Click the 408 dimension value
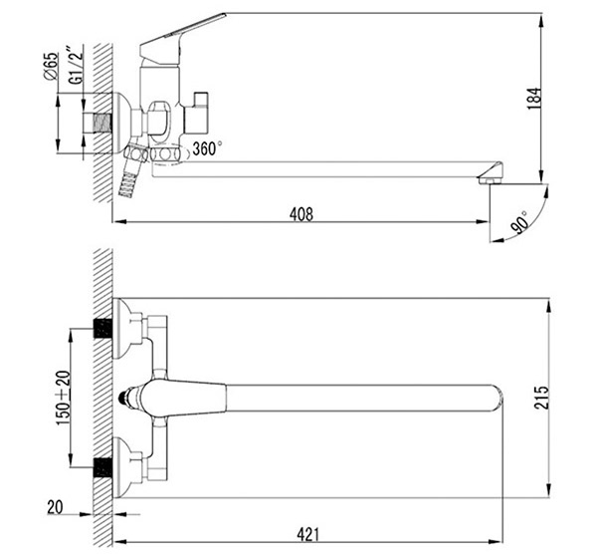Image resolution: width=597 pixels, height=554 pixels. coord(301,214)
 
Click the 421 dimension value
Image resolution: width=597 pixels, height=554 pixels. coord(307,535)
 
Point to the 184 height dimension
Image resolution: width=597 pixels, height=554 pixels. coord(533,99)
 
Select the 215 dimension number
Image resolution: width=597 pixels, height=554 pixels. coord(541,398)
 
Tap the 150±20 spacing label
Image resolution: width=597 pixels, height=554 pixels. coord(64,398)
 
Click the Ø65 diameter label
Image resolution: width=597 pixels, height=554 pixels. coord(51,66)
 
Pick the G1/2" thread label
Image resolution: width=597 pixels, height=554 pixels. coord(76,65)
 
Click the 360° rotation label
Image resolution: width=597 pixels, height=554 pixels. coord(207,148)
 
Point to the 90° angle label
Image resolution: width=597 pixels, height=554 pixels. coord(520,222)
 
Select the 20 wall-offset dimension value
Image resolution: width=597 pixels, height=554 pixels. coord(55,507)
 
